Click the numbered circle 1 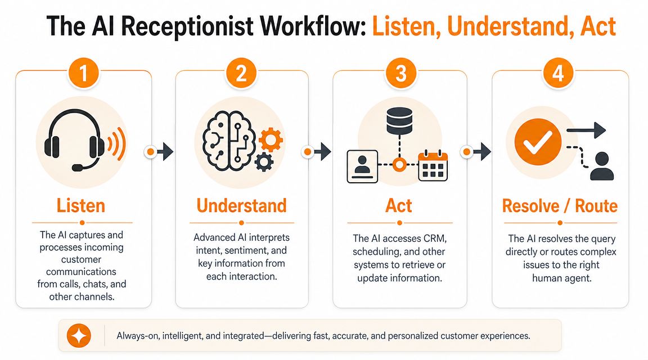83,74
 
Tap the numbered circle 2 241,74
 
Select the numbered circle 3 401,74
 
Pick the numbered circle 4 558,74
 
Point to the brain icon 229,141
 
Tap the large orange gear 271,139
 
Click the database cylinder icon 399,121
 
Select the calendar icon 433,166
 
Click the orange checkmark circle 538,142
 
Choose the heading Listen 81,206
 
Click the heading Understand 242,206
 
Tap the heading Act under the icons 399,206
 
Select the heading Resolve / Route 560,206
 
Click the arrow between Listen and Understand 160,152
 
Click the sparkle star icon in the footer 79,336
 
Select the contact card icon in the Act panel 362,166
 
